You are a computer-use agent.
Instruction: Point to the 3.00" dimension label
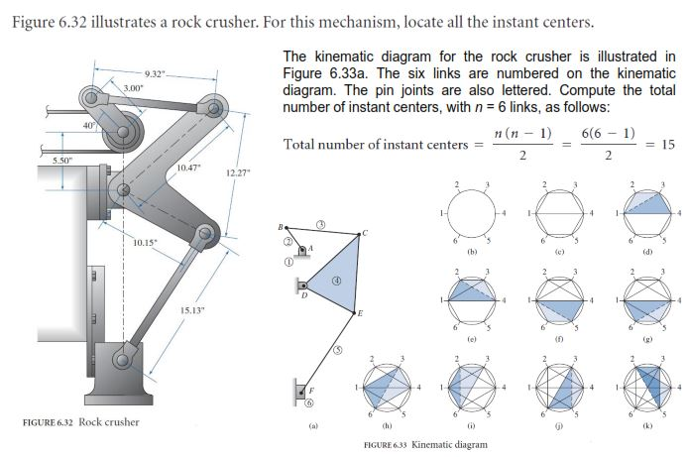(x=133, y=89)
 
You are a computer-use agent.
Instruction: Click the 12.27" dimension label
(x=238, y=174)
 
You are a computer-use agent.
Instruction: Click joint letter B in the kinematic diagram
(x=281, y=226)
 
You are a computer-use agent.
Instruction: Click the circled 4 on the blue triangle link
(x=337, y=281)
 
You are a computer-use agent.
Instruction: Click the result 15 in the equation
(x=667, y=144)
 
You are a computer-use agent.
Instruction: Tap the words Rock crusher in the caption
(x=109, y=423)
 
